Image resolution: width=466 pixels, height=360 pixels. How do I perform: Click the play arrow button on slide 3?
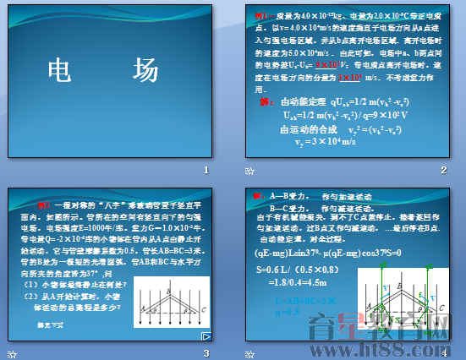pos(204,336)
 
